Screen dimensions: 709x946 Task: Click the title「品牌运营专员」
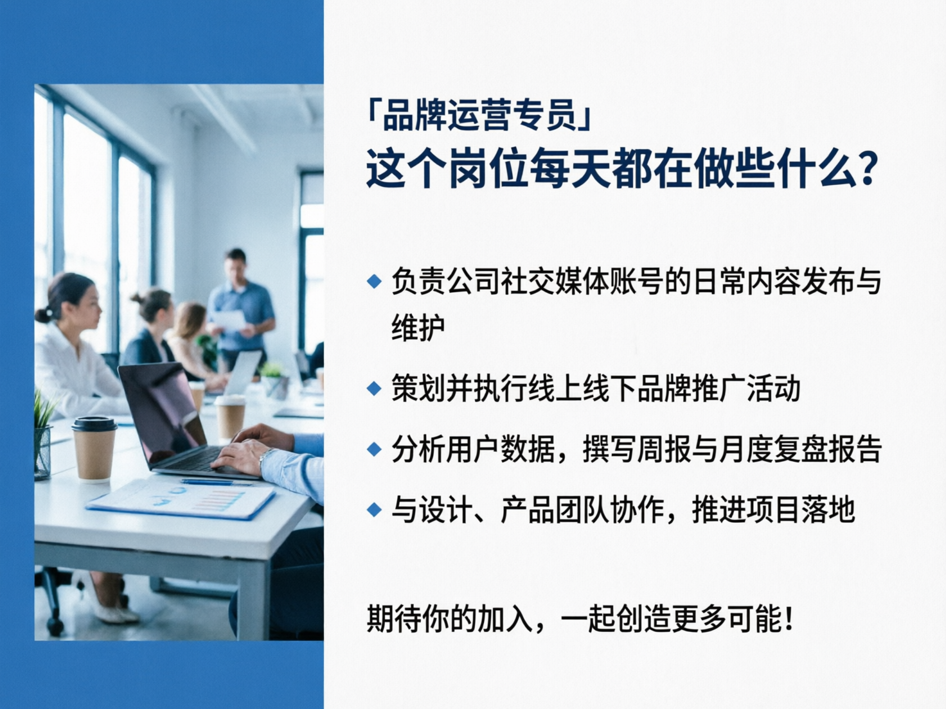point(479,116)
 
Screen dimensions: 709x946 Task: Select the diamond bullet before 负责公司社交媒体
point(374,281)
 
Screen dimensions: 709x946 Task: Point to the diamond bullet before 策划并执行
point(374,389)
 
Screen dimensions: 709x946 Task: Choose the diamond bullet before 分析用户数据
point(374,449)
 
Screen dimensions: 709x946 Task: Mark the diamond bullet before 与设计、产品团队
point(374,510)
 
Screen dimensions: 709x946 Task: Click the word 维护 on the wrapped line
point(418,328)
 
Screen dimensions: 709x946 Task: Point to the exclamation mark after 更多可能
point(789,619)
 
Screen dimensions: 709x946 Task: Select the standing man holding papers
point(240,308)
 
